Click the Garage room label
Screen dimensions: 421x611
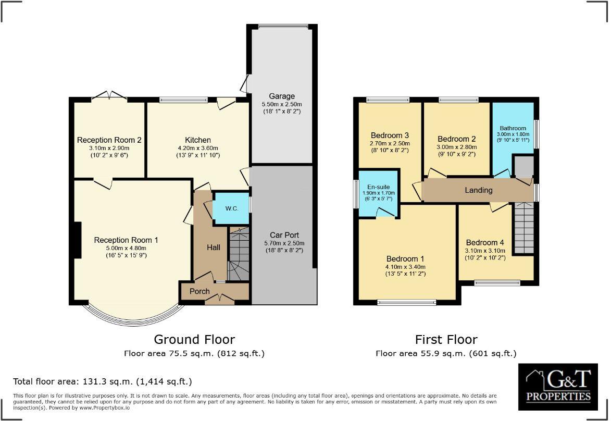pos(281,96)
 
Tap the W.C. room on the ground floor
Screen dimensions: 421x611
pos(231,208)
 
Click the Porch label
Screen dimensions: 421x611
pos(199,291)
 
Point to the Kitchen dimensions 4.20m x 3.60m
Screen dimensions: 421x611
pos(198,147)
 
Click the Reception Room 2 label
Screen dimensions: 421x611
pos(109,140)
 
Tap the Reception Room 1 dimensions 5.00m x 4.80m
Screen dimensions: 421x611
pos(126,248)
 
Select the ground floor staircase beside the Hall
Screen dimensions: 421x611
pos(239,255)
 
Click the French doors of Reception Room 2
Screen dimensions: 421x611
pos(109,96)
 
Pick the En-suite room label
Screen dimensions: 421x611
pos(378,187)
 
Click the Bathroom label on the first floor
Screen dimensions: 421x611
pos(513,128)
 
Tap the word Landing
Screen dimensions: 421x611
pos(478,190)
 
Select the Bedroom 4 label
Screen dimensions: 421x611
pos(484,242)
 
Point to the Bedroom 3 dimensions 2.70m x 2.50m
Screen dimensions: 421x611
pos(390,143)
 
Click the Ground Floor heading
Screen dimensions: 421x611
pos(194,340)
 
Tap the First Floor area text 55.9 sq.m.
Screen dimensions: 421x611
pos(446,354)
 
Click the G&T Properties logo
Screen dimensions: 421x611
pos(558,387)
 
